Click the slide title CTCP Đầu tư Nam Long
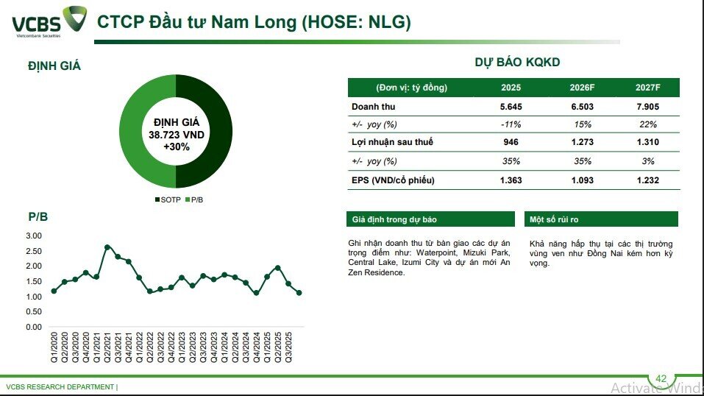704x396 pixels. point(254,22)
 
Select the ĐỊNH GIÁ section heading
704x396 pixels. point(54,66)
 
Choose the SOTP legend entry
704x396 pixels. point(168,200)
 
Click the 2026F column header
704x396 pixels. point(582,88)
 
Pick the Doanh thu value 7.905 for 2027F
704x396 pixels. point(647,106)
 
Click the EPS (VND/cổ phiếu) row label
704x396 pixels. point(393,180)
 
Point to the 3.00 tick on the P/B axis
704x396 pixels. point(34,236)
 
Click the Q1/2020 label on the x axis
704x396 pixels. point(54,346)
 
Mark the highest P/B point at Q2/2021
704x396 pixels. point(107,247)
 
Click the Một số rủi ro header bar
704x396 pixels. point(601,219)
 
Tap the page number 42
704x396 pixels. point(661,378)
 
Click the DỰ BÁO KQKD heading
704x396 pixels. point(517,63)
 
